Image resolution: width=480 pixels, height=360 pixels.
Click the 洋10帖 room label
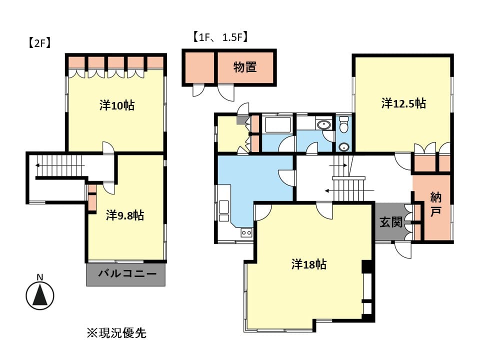(117, 105)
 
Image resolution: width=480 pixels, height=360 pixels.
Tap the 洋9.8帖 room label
(125, 215)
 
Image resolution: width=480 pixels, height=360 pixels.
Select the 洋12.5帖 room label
(403, 103)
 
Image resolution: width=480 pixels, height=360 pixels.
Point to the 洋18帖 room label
(309, 264)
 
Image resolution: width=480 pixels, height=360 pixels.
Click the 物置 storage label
(245, 67)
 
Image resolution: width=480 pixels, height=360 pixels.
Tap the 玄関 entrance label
(391, 222)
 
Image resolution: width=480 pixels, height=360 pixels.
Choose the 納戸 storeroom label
(435, 204)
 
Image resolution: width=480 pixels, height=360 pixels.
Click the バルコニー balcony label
(127, 273)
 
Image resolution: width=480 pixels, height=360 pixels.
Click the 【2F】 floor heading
(39, 43)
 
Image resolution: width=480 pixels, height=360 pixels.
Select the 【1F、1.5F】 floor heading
(220, 37)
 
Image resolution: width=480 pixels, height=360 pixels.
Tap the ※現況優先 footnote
(116, 333)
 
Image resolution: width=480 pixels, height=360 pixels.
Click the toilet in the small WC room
(344, 124)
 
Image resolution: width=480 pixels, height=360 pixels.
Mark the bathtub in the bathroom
(278, 124)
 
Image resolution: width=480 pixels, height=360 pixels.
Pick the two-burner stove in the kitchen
(246, 232)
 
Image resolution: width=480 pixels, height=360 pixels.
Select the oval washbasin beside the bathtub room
(323, 125)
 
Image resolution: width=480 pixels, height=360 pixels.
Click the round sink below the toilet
(344, 147)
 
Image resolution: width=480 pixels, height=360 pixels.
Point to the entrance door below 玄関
(403, 249)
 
